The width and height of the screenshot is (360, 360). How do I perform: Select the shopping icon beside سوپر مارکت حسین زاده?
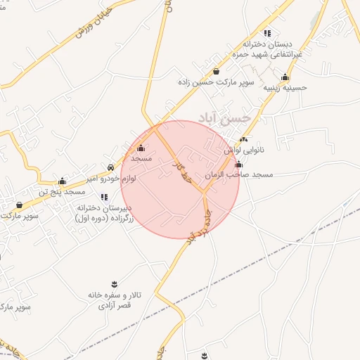click(215, 72)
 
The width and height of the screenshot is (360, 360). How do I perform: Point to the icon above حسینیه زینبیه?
click(285, 77)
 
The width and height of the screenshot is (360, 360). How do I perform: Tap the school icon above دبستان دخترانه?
click(266, 33)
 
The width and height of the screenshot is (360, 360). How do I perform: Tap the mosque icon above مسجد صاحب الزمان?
click(238, 164)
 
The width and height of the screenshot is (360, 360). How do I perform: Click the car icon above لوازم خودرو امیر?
click(111, 169)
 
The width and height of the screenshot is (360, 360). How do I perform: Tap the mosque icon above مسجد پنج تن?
click(62, 181)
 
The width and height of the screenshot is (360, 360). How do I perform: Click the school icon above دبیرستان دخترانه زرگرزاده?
click(104, 197)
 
